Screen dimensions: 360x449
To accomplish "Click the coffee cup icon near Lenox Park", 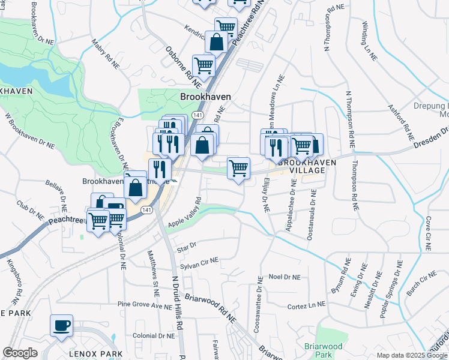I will (x=61, y=326).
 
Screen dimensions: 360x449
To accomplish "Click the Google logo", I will (x=20, y=353).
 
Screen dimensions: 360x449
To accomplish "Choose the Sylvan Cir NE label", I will (x=200, y=262).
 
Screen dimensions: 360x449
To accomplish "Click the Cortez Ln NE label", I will (x=306, y=306).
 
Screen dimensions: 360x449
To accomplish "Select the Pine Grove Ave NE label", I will (x=145, y=306).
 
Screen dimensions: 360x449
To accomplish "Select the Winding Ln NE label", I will (x=369, y=41).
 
